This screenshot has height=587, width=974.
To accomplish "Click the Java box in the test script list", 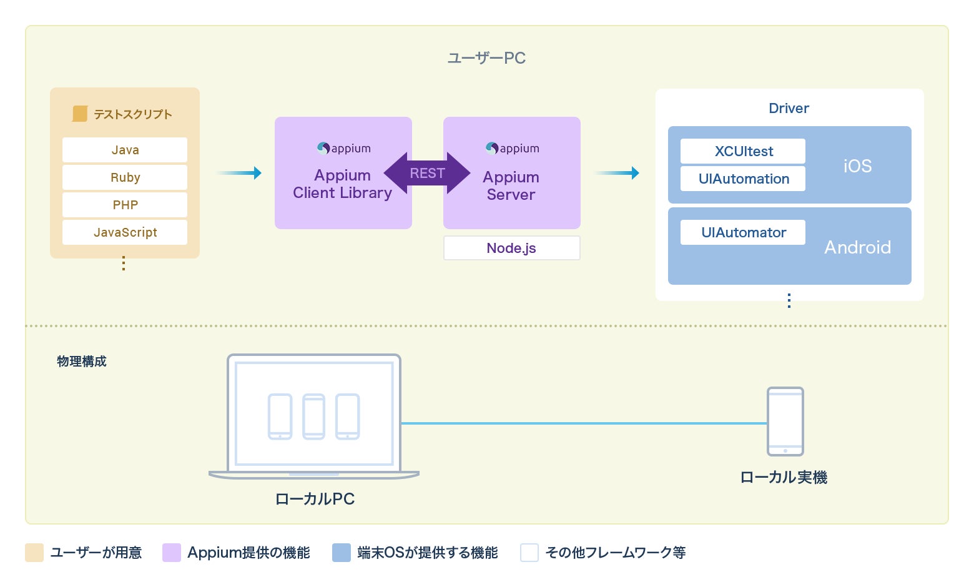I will point(125,150).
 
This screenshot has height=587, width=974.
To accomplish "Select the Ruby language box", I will point(125,177).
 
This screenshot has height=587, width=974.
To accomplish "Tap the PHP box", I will point(125,205).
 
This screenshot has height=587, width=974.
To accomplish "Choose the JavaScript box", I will point(125,232).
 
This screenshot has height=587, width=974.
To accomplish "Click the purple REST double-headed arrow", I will point(427,173).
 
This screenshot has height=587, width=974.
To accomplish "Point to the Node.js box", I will point(511,248).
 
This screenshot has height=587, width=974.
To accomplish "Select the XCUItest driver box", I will point(743,151).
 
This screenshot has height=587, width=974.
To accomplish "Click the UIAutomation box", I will point(743,179).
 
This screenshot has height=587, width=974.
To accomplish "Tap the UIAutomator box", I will point(743,232).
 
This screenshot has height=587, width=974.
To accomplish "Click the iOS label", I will point(857,166).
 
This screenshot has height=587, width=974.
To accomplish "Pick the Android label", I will point(857,247).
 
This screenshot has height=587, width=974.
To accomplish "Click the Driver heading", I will point(789,108).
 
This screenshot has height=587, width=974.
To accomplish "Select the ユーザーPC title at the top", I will point(486,58).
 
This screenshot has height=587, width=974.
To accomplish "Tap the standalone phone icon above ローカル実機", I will point(785,422).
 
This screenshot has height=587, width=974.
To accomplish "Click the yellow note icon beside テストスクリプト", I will point(80,114).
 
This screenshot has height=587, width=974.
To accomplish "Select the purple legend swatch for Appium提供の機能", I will point(172,553).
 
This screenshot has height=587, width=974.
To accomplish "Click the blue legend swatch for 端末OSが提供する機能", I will point(342,553).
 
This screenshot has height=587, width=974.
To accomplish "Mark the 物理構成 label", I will point(82,362).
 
